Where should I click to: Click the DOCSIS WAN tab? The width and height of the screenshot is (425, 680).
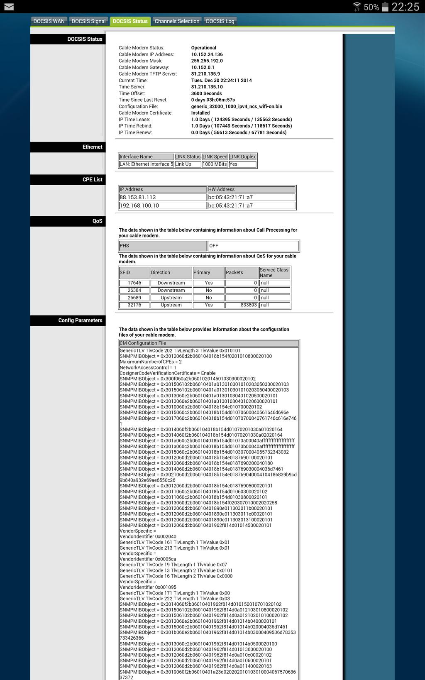[x=49, y=21]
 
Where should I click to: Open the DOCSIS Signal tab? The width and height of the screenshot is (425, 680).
[x=88, y=21]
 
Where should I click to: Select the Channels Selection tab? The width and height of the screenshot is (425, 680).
[x=177, y=21]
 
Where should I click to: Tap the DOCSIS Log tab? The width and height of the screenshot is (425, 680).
[x=220, y=21]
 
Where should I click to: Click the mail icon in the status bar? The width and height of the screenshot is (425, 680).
[x=9, y=7]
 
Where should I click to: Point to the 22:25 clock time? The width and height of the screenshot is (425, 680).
[x=405, y=7]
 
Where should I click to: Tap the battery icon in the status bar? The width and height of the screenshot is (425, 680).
[x=385, y=7]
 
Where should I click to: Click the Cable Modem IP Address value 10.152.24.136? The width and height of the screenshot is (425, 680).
[x=207, y=54]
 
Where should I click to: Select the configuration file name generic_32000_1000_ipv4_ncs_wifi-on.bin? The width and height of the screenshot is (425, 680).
[x=236, y=106]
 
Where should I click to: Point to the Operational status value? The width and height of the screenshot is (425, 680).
[x=203, y=48]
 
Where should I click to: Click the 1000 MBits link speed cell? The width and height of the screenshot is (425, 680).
[x=215, y=164]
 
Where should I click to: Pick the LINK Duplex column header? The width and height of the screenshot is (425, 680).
[x=242, y=157]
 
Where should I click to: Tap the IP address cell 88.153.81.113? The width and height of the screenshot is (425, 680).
[x=162, y=198]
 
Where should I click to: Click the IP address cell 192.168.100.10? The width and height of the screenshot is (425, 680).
[x=162, y=205]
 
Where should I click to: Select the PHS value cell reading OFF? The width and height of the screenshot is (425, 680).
[x=253, y=246]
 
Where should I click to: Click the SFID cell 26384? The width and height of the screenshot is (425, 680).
[x=134, y=291]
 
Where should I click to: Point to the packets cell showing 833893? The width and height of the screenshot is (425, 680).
[x=242, y=305]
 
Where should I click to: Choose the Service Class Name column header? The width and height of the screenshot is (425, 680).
[x=274, y=272]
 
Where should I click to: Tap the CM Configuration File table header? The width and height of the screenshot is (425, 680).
[x=208, y=343]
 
